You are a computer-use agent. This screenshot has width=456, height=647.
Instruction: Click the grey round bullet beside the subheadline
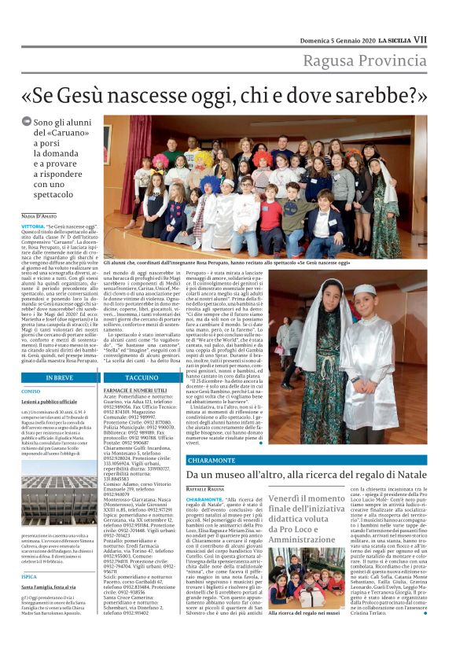coord(26,123)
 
